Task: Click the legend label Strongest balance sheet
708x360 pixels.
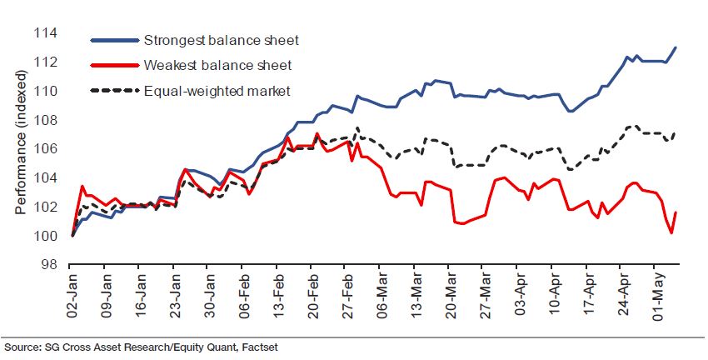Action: (221, 40)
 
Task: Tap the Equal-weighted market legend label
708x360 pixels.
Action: (216, 89)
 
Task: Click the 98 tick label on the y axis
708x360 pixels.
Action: (48, 265)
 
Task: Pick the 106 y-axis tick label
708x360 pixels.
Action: (45, 149)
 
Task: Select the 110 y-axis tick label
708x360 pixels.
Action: (45, 92)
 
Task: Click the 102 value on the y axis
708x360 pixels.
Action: (45, 207)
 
